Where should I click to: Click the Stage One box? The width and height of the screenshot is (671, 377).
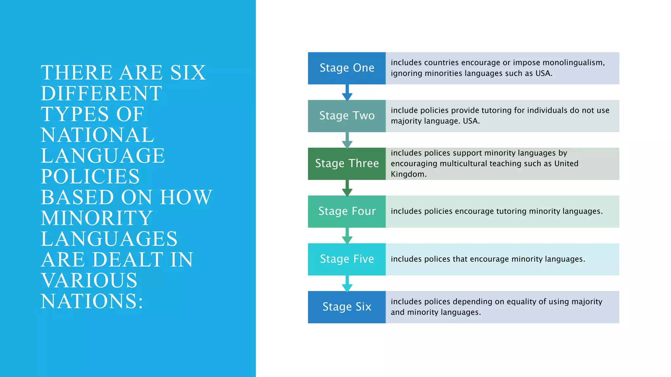[347, 68]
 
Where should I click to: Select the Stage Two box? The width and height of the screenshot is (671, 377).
[347, 116]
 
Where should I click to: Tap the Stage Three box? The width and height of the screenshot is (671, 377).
[347, 164]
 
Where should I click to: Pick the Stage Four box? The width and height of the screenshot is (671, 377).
[347, 211]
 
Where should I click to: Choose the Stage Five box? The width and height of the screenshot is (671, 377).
[347, 259]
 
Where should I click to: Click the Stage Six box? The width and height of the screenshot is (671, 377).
[347, 307]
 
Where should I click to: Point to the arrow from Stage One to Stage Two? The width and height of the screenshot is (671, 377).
[347, 93]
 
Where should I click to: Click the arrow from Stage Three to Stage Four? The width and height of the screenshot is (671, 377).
[347, 188]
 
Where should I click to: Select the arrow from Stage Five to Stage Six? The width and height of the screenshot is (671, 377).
[347, 284]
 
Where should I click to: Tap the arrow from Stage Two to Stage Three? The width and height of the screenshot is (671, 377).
[347, 140]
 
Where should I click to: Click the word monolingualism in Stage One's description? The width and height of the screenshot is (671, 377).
[573, 63]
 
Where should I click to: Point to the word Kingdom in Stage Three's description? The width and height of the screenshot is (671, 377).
[408, 174]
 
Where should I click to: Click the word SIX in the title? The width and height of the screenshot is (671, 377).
[188, 73]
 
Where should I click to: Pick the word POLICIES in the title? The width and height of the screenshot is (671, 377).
[90, 177]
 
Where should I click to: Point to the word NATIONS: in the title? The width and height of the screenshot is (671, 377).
[92, 301]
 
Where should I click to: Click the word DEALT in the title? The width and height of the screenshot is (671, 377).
[129, 260]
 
